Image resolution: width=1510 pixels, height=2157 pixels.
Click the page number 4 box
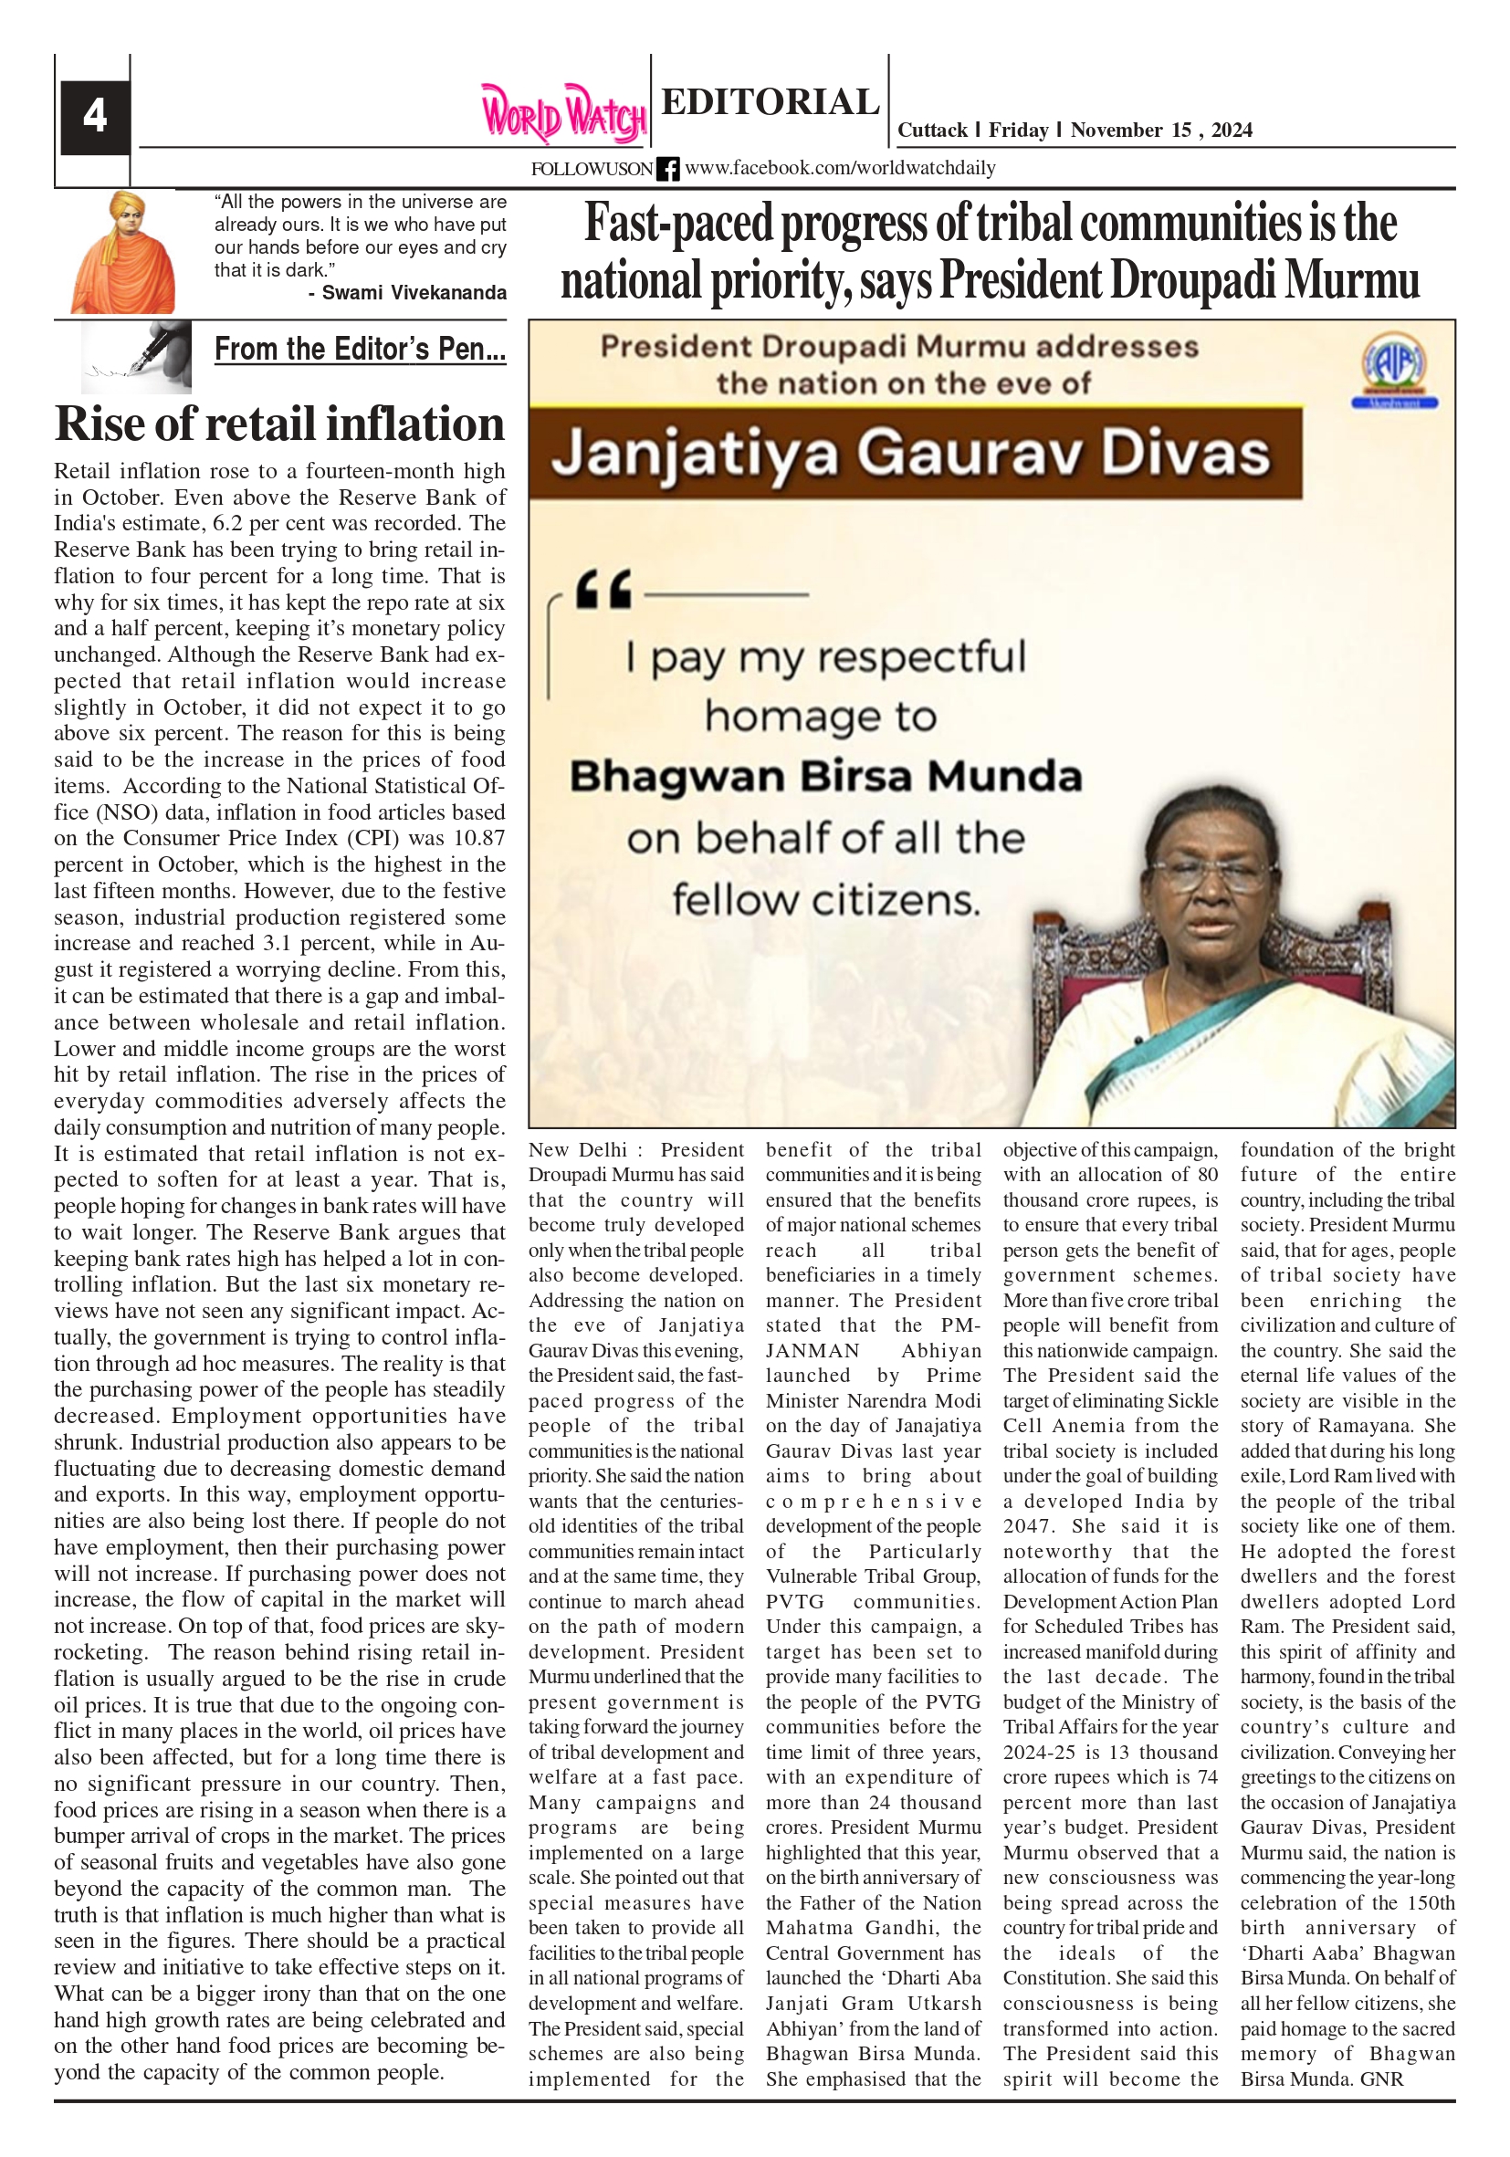pos(95,118)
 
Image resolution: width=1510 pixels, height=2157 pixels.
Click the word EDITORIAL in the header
pos(770,101)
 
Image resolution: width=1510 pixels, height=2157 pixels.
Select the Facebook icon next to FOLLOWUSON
pos(667,169)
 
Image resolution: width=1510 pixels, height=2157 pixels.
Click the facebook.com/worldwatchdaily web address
pos(839,168)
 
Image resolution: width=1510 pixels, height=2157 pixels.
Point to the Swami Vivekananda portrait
pos(123,253)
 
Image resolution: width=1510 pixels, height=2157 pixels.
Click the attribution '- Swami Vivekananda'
pos(407,293)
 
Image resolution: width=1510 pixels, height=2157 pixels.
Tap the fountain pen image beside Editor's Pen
pos(137,357)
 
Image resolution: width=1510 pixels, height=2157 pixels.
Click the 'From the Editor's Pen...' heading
pos(360,350)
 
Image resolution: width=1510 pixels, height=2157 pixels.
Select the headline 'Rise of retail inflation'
pos(280,424)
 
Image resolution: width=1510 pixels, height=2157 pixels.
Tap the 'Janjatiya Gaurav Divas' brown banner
pos(911,455)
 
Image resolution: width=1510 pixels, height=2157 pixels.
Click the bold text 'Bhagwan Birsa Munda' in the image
pos(825,777)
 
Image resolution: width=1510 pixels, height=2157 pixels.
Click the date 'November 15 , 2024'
pos(1160,131)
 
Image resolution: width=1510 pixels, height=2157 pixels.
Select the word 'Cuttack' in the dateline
pos(931,131)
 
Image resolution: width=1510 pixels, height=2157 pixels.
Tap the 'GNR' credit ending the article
pos(1381,2078)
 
